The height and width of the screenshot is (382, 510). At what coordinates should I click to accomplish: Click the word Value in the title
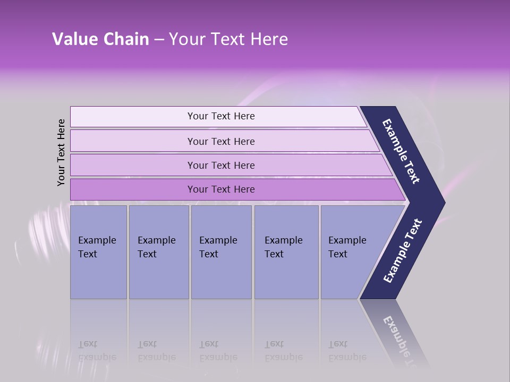[74, 39]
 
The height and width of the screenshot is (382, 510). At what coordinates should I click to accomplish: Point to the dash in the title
[159, 40]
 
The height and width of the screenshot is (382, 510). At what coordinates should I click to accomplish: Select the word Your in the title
[186, 39]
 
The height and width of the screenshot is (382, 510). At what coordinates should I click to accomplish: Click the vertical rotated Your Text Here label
[61, 153]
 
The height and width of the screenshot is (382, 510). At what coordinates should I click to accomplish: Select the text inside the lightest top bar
[221, 116]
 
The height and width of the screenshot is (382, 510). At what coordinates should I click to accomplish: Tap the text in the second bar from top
[221, 141]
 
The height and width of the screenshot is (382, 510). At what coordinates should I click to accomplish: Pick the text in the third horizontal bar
[221, 165]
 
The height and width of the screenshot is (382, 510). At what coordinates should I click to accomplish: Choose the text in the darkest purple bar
[221, 189]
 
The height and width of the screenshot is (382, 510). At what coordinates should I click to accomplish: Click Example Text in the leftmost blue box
[97, 247]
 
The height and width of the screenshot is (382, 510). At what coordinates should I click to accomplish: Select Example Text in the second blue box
[156, 247]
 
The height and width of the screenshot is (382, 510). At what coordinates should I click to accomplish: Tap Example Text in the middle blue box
[218, 247]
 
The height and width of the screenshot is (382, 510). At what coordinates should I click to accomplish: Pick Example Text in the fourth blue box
[283, 247]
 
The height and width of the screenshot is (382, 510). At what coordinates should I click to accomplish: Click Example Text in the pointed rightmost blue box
[347, 247]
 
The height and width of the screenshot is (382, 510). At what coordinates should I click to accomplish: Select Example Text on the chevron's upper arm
[401, 151]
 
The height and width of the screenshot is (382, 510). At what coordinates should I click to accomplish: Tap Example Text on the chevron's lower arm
[403, 251]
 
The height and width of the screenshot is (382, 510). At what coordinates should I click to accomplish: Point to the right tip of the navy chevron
[444, 203]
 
